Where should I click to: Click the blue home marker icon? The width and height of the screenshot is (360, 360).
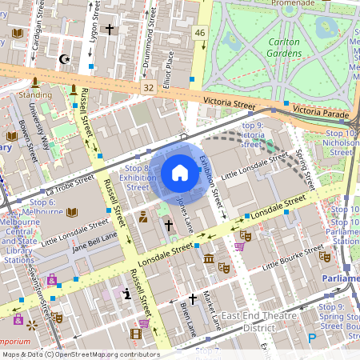pyautogui.click(x=180, y=172)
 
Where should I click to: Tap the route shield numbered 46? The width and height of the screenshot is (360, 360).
pyautogui.click(x=199, y=33)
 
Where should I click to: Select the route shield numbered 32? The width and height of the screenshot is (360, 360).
pyautogui.click(x=148, y=86)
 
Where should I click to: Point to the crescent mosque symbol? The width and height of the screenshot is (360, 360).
pyautogui.click(x=65, y=58)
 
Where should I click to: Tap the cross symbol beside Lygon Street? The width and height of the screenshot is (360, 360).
pyautogui.click(x=110, y=29)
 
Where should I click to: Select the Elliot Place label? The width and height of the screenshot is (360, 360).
pyautogui.click(x=168, y=70)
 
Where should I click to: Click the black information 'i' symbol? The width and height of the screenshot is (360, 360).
pyautogui.click(x=127, y=294)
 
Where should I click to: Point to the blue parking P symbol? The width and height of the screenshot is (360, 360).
pyautogui.click(x=312, y=338)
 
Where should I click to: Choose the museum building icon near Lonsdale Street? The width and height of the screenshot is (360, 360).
pyautogui.click(x=209, y=260)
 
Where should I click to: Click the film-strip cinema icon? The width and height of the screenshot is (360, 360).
pyautogui.click(x=144, y=324)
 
